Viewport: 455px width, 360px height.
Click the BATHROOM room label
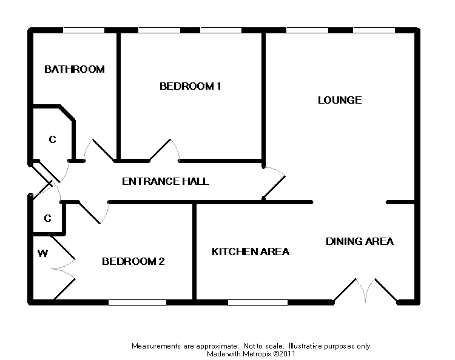click(x=75, y=69)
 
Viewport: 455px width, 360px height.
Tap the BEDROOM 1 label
click(x=190, y=86)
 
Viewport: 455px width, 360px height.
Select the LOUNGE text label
click(x=340, y=100)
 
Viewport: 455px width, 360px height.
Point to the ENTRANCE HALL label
click(x=166, y=181)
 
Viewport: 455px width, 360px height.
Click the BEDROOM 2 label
click(x=133, y=262)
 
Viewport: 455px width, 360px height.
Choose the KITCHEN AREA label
click(x=250, y=252)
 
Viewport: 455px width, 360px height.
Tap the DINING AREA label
click(x=360, y=241)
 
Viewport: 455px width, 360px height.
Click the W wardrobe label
click(x=42, y=253)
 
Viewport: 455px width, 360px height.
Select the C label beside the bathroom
click(x=52, y=140)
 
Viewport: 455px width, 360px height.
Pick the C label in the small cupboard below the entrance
click(x=47, y=218)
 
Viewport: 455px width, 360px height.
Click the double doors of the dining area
click(x=365, y=290)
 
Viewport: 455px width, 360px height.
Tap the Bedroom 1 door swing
click(x=165, y=150)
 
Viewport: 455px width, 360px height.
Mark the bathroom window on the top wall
click(x=84, y=30)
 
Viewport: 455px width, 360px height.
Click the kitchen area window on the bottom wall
click(x=258, y=302)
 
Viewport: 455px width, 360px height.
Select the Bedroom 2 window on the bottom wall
click(x=137, y=302)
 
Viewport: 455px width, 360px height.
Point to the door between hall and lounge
click(x=274, y=184)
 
